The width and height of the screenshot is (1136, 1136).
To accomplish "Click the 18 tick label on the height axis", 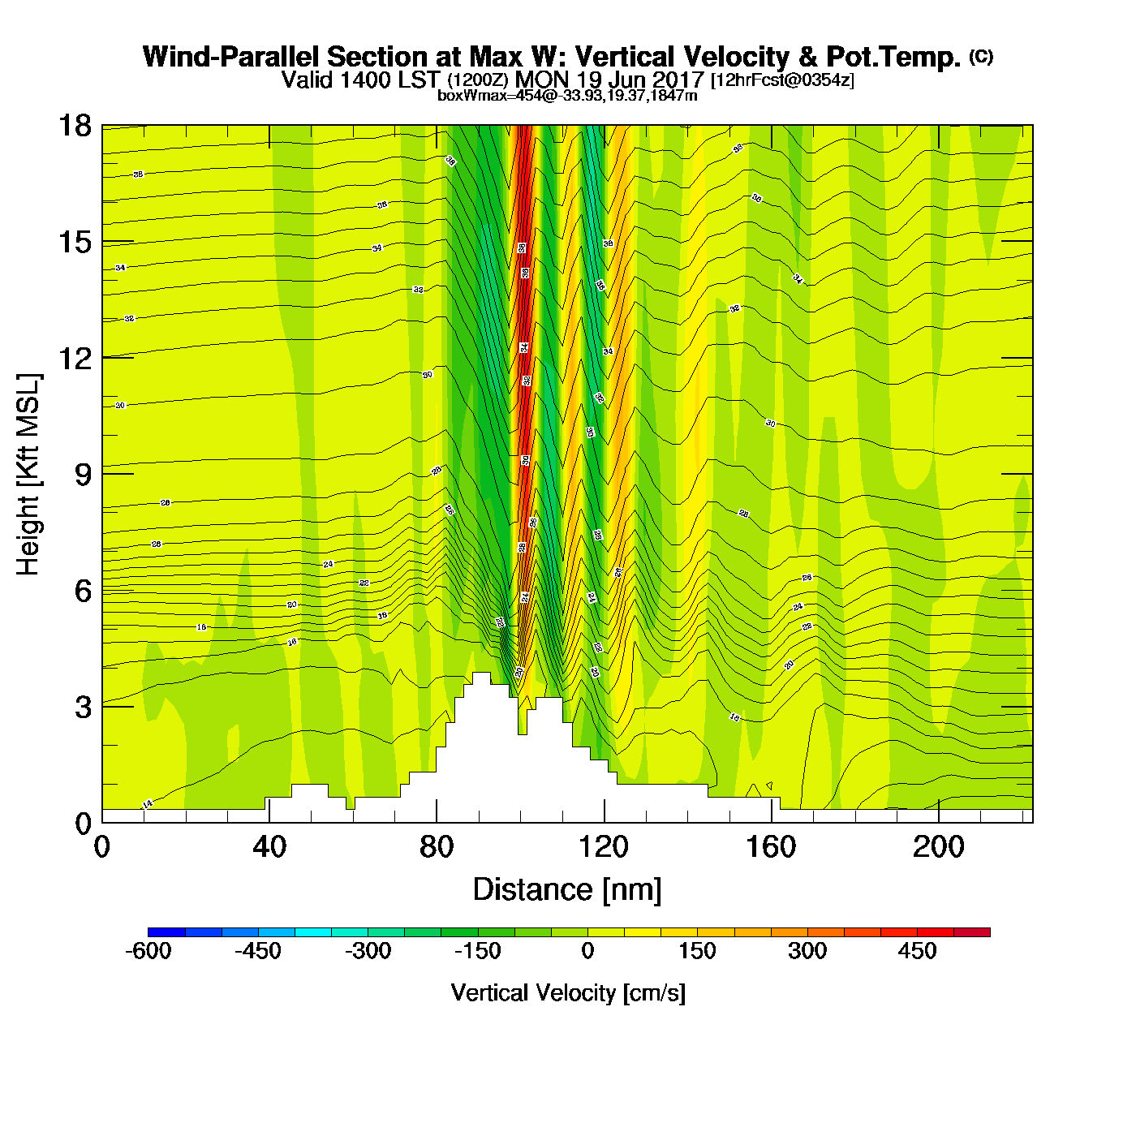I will (74, 126).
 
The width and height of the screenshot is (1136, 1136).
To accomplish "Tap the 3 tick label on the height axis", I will (83, 708).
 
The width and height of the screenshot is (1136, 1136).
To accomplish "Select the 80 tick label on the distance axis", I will (437, 847).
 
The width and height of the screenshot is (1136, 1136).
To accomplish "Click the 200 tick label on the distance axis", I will (939, 847).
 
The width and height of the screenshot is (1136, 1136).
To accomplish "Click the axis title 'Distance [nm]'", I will (567, 890).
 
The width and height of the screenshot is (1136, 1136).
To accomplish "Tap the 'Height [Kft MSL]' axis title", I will (28, 475).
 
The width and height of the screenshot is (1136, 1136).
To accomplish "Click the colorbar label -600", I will (148, 951).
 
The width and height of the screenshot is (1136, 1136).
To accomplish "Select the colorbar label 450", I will (917, 951).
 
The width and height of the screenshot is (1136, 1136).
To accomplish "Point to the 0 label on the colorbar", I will (587, 951).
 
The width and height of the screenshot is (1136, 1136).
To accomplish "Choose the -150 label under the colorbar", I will (478, 951).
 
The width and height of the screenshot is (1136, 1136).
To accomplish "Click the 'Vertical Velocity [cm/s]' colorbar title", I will (568, 992).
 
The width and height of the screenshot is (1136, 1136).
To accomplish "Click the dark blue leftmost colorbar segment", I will (166, 932).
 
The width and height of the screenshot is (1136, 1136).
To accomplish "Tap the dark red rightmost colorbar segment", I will (972, 932).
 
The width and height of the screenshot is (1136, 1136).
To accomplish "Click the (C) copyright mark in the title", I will (981, 56).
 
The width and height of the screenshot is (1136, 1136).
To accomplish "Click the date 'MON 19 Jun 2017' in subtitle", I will (609, 80).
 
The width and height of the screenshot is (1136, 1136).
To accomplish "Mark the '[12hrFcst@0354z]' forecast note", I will (782, 80).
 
